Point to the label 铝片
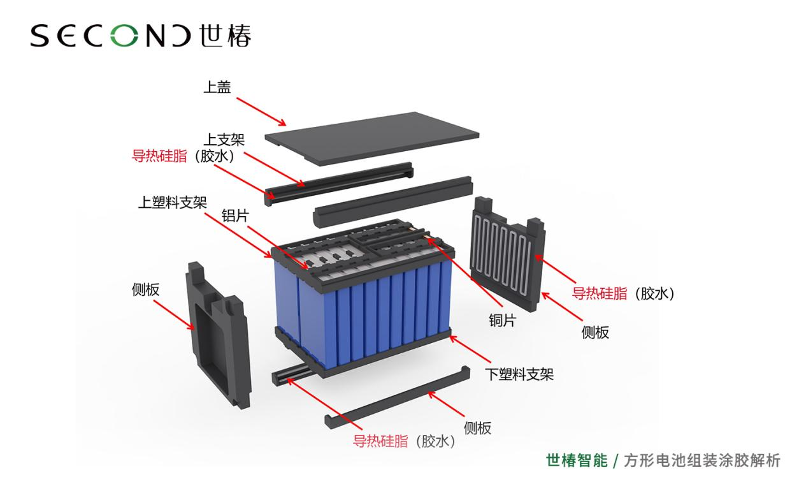click(235, 215)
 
